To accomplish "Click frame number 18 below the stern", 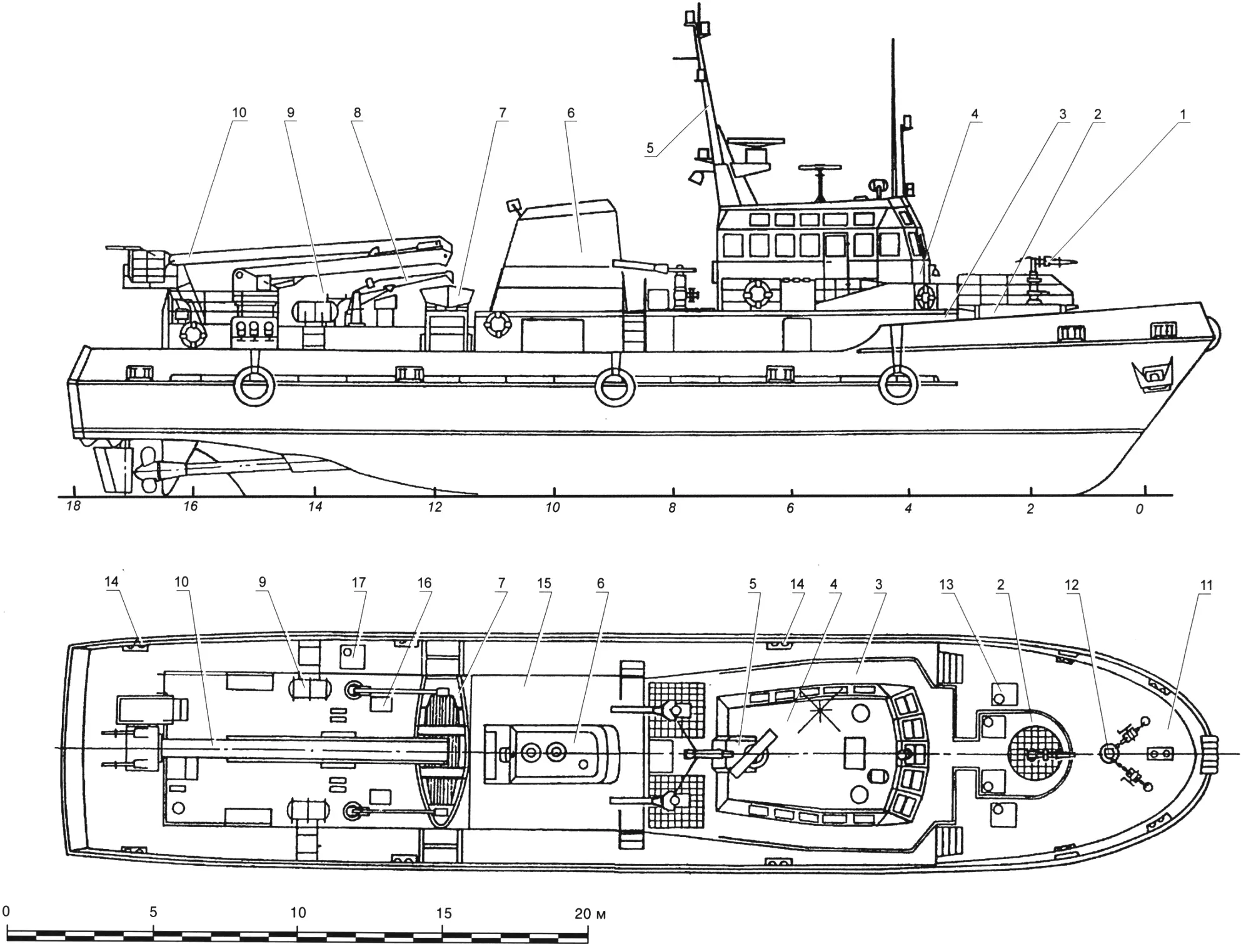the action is [x=74, y=506].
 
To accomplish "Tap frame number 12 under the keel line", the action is [x=435, y=507].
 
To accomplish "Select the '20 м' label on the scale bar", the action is [x=590, y=914].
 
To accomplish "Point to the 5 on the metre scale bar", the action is [x=153, y=912].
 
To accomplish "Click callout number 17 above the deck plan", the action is [x=358, y=583].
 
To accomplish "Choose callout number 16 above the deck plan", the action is [x=425, y=583].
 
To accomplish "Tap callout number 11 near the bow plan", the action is [x=1206, y=586].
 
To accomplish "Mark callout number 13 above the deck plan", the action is [x=947, y=585].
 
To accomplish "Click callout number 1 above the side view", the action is [x=1182, y=114].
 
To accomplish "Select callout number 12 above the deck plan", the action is [x=1072, y=585].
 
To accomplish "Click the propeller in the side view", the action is [x=149, y=469].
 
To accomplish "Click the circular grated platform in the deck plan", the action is [x=1038, y=753].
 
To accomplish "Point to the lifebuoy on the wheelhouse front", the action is [x=926, y=297].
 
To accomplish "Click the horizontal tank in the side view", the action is [x=316, y=311].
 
